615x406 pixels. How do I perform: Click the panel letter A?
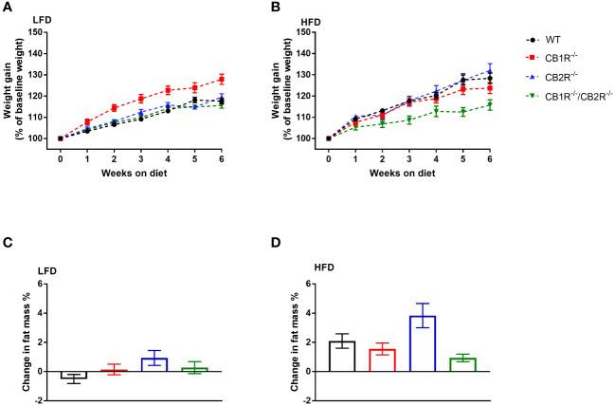point(8,9)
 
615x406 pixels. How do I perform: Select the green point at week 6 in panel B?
point(490,105)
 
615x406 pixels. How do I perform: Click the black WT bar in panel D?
point(344,356)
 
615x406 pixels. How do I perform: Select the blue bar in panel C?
point(154,364)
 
